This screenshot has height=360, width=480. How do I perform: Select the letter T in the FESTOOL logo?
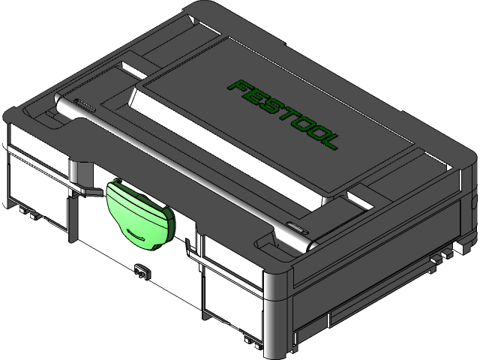(286, 112)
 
